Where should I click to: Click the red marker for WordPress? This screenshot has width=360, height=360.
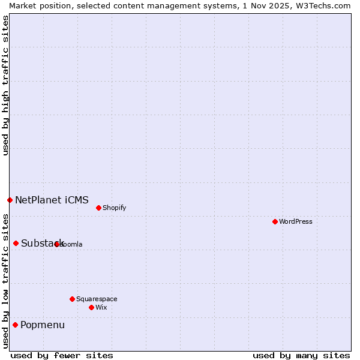click(275, 221)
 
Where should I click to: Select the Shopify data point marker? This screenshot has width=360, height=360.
click(98, 208)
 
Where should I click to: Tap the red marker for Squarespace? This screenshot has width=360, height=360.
click(72, 299)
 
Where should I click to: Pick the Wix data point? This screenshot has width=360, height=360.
click(91, 307)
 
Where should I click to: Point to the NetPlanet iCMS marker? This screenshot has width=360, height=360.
click(10, 200)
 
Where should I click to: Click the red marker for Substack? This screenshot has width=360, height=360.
click(16, 243)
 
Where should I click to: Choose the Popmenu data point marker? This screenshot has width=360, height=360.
click(15, 325)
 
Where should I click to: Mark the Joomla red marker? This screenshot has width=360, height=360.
click(56, 244)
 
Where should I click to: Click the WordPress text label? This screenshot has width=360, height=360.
click(296, 221)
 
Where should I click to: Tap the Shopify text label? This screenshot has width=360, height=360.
click(114, 208)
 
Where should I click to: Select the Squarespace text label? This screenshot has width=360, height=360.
click(97, 299)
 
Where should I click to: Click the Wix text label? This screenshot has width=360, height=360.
click(101, 307)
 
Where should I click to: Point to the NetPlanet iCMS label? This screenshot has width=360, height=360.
click(52, 200)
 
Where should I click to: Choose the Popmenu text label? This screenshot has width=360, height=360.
click(43, 325)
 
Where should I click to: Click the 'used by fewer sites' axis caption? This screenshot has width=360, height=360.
click(62, 355)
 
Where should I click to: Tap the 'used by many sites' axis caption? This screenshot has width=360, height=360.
click(301, 355)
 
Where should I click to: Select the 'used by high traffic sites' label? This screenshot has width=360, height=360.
click(5, 85)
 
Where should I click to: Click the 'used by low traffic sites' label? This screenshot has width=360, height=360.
click(5, 281)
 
